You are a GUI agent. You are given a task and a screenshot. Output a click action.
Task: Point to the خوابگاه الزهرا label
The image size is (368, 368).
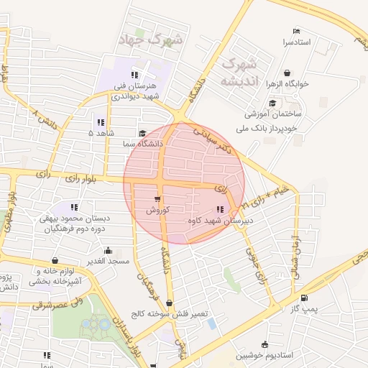click(x=288, y=83)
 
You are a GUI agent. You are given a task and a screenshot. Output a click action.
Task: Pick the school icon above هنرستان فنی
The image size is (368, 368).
click(x=134, y=75)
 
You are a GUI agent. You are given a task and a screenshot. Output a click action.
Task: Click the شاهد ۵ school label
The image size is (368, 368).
click(x=101, y=133)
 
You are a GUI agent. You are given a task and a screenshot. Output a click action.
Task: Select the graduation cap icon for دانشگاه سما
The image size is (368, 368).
click(x=142, y=134)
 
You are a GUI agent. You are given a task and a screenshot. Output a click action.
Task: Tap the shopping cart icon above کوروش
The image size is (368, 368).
click(x=157, y=198)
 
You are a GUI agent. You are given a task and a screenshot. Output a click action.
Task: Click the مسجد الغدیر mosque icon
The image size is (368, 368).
click(x=108, y=251)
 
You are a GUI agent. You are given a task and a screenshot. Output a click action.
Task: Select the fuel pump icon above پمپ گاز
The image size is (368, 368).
click(x=305, y=298)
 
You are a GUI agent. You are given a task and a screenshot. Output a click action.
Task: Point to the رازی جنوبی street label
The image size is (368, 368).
click(x=256, y=264)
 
